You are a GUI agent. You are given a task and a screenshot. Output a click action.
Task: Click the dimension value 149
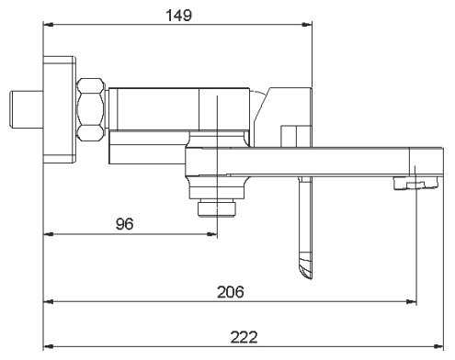(179, 15)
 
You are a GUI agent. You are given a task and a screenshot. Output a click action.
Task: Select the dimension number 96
(125, 224)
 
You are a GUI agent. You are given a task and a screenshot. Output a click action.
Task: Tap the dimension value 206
(231, 292)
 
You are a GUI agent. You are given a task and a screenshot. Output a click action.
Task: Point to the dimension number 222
(244, 337)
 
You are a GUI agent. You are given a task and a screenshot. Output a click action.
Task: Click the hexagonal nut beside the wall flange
(90, 109)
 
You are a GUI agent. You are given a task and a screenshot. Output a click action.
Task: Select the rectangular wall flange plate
(59, 109)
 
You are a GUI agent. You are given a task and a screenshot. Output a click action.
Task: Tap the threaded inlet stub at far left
(26, 109)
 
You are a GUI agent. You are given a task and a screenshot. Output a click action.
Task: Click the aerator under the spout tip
(416, 184)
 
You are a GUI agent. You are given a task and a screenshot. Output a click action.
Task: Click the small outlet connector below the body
(217, 208)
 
